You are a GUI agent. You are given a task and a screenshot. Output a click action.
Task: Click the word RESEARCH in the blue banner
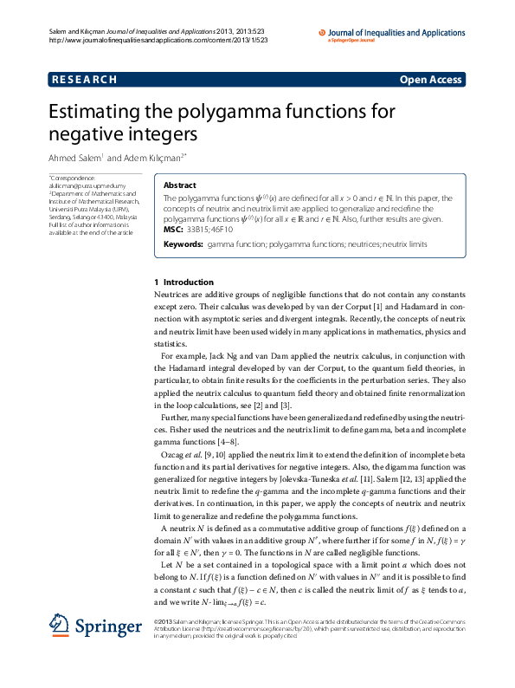click(x=85, y=80)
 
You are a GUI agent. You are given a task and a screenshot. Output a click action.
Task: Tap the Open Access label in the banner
click(x=430, y=80)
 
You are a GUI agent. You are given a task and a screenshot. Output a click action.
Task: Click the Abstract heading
click(x=179, y=185)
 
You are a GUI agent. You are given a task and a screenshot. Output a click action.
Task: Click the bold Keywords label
click(x=183, y=245)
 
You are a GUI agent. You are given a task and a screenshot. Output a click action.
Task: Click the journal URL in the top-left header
click(x=145, y=40)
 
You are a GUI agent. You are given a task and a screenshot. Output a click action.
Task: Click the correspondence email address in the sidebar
click(x=80, y=185)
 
